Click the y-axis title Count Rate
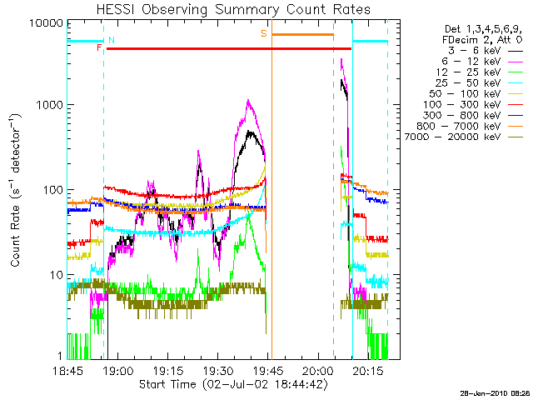[16, 189]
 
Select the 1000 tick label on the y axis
[45, 106]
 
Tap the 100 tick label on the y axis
[49, 190]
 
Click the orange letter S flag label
[264, 33]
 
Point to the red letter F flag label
[99, 48]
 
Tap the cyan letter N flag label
[112, 40]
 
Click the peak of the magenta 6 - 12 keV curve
[248, 101]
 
